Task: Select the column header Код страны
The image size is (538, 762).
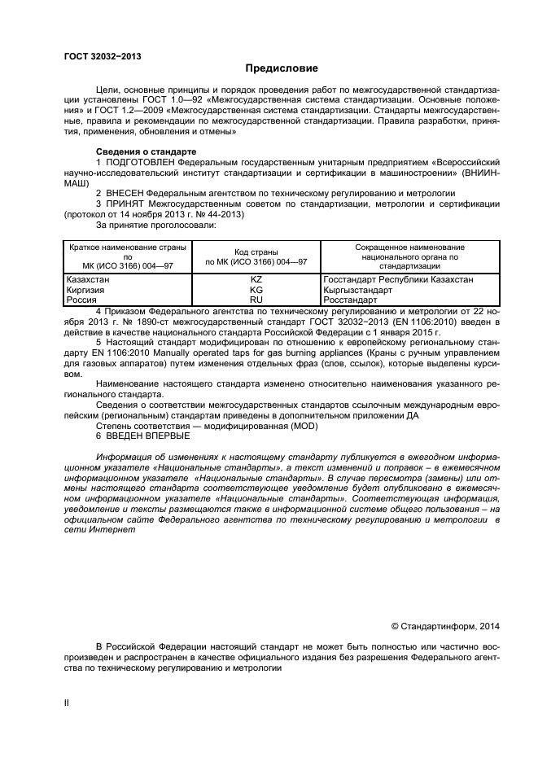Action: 256,252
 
